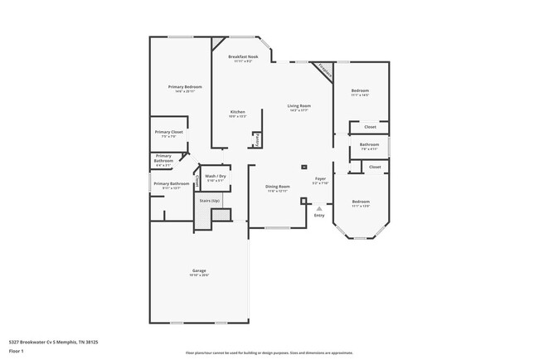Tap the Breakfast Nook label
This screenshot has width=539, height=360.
coord(243,56)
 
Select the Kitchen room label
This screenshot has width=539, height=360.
coord(237,112)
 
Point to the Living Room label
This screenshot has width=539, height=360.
coord(299,106)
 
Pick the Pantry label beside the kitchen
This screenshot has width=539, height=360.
coord(256,140)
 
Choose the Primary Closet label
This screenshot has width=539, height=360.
coord(168,132)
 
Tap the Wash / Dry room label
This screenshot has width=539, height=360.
coord(216,177)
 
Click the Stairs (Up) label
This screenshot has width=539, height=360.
coord(209,201)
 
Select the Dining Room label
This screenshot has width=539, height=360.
coord(277,187)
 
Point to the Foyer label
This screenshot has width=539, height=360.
coord(319,178)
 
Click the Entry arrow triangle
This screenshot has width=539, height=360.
coord(318,208)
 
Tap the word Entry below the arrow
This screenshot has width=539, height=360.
coord(318,216)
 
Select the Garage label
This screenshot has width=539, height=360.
coord(199,270)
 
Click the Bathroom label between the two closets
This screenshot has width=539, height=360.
coord(369,144)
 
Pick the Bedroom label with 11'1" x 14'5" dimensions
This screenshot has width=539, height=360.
coord(360,90)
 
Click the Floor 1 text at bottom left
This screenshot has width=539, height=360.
coord(16,350)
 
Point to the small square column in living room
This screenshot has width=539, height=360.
coord(303,166)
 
